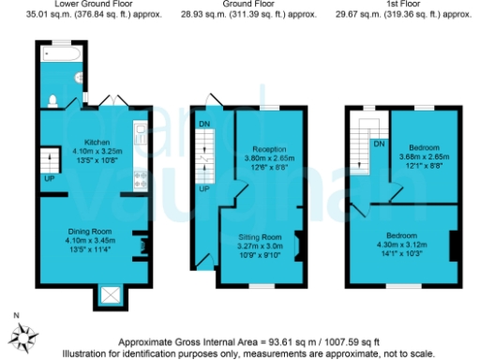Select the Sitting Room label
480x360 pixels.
click(260, 237)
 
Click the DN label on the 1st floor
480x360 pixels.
click(379, 143)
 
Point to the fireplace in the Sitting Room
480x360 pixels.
click(298, 246)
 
